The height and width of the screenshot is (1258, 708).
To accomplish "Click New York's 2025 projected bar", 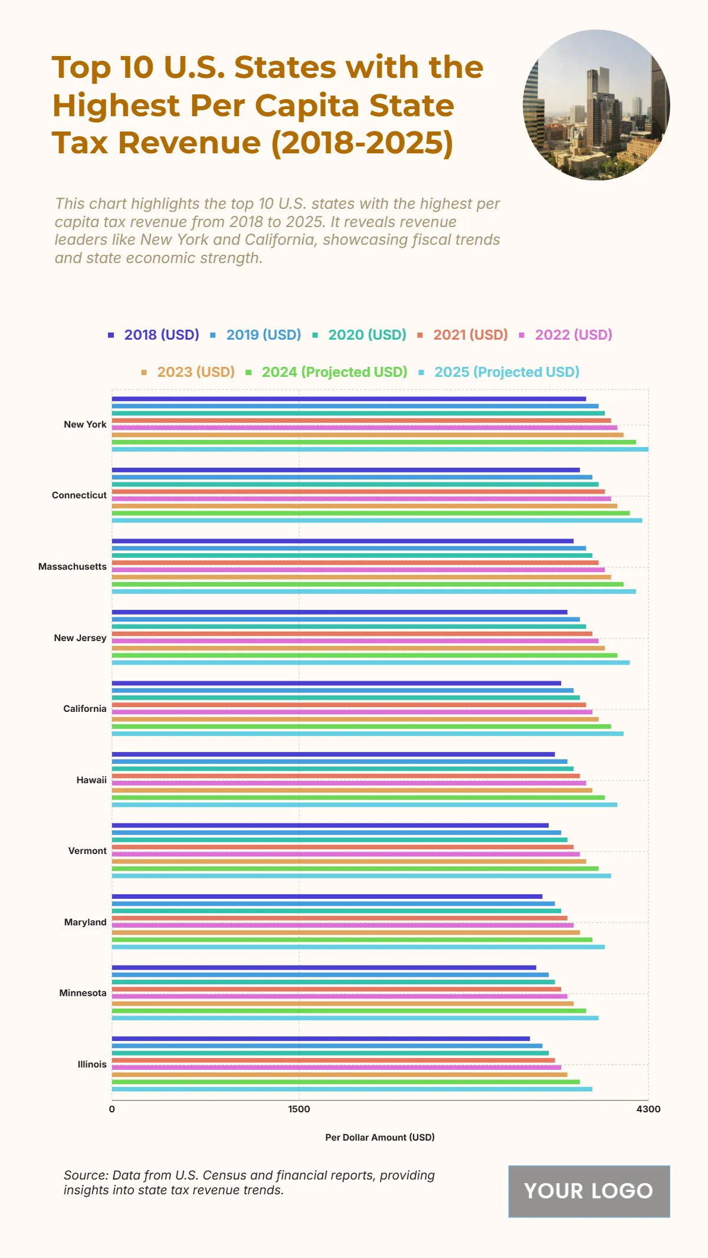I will [x=380, y=449].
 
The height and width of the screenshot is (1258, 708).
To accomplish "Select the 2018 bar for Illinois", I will [x=321, y=1039].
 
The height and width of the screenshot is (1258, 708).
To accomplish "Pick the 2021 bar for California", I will [x=349, y=705].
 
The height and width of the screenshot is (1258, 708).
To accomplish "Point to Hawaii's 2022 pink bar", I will [x=349, y=783].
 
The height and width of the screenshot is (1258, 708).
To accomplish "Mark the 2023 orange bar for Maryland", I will [x=346, y=932].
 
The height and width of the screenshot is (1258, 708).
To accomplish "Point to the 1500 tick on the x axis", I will [x=299, y=1109].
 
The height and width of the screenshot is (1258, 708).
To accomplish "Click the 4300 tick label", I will [x=648, y=1109].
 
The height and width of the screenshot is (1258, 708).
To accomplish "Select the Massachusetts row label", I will [x=73, y=567].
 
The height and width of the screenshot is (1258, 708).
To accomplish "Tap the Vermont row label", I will [x=87, y=851].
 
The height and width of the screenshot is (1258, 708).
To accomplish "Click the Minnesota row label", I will [x=83, y=993].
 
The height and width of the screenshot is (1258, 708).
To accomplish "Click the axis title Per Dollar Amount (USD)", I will [x=380, y=1137].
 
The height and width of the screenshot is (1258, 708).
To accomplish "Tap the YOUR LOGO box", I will [x=589, y=1191].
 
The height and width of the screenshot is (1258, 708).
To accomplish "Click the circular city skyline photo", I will [x=596, y=105].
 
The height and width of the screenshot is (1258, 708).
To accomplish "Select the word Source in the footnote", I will [x=85, y=1175].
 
